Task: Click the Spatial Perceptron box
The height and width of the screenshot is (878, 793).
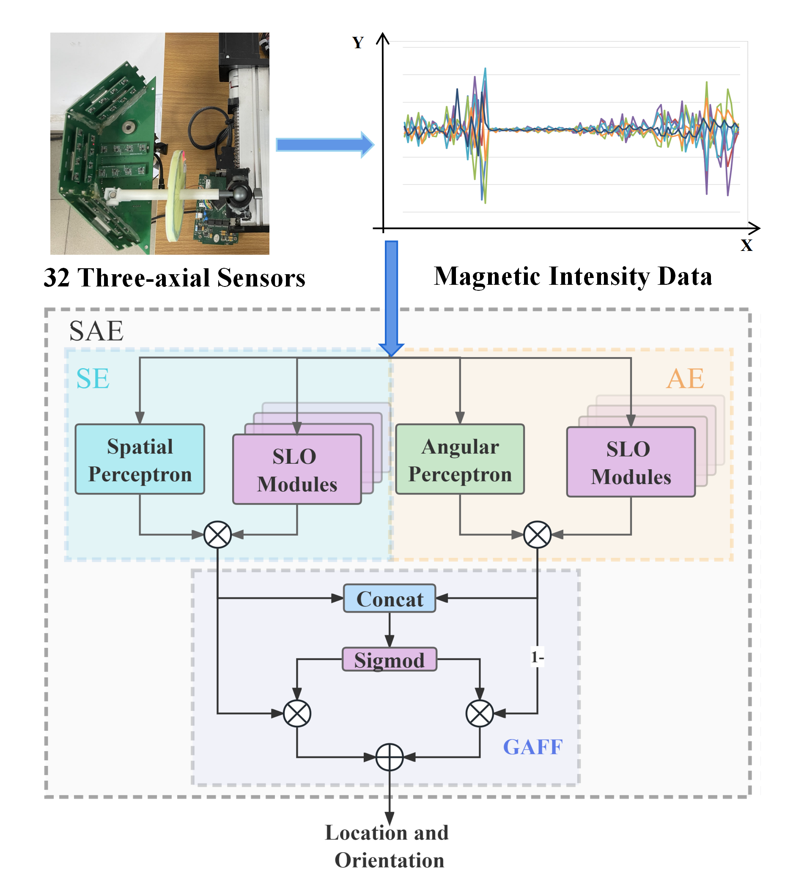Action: pos(140,459)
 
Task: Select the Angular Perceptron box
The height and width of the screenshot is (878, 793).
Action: pos(460,459)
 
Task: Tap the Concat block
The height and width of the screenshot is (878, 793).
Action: pos(389,598)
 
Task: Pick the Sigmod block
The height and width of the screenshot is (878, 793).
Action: pos(389,659)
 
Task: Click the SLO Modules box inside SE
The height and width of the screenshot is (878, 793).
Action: pos(297,470)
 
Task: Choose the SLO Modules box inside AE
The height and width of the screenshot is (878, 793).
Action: pos(630,462)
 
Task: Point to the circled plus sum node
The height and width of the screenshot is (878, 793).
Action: pos(389,757)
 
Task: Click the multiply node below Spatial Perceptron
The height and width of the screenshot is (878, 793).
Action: pos(218,534)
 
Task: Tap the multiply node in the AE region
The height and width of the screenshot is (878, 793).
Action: pos(537,534)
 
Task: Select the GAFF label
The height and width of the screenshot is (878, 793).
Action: pos(532,746)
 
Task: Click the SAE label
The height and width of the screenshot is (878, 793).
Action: pos(96,331)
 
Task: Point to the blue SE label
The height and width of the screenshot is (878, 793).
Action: pos(93,378)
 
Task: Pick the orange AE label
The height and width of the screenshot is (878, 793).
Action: pos(685,378)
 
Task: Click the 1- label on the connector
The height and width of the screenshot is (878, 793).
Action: pos(537,657)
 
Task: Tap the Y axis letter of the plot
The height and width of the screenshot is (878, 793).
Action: pos(358,43)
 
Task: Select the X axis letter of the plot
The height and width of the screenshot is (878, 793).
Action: pos(746,245)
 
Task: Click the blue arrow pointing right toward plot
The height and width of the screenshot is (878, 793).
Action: pos(325,145)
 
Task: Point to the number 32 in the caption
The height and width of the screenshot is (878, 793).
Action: pos(57,278)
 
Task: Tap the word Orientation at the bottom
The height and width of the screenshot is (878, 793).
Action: pos(389,860)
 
